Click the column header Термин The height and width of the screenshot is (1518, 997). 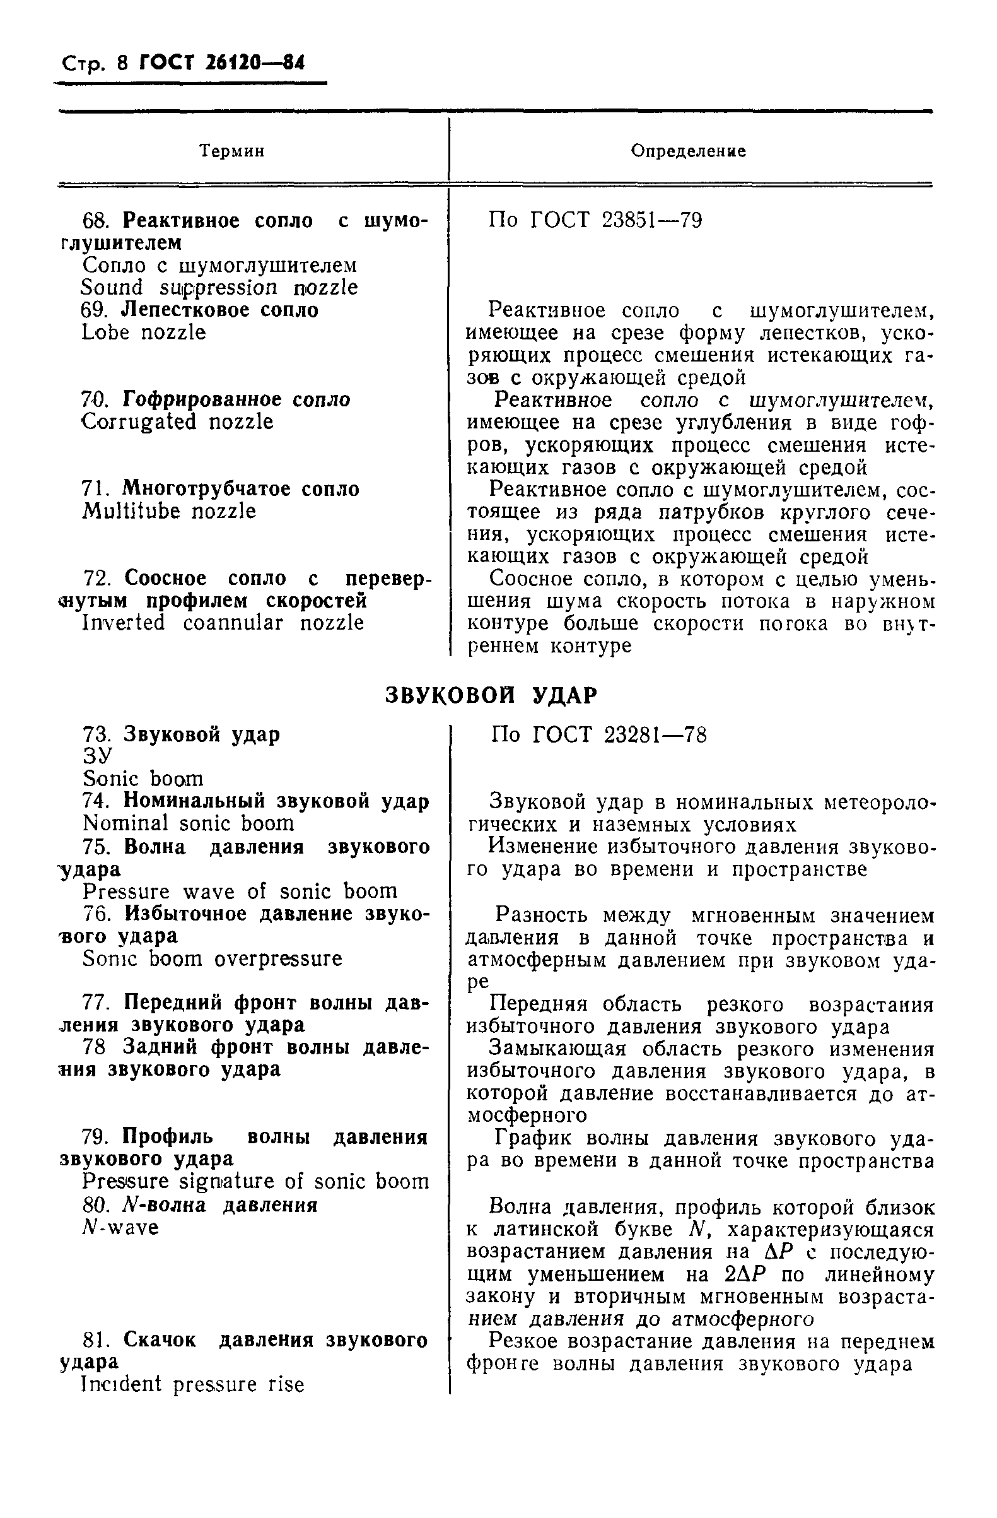[x=231, y=151]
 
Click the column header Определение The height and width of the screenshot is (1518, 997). [x=688, y=151]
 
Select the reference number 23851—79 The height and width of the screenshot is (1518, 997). [x=652, y=221]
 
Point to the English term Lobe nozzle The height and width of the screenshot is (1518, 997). [x=144, y=332]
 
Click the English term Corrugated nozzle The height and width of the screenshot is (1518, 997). [x=178, y=421]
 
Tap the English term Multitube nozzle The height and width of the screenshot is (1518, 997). [x=170, y=511]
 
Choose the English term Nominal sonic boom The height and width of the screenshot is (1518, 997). [x=189, y=823]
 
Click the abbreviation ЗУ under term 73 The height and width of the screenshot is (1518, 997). [x=98, y=756]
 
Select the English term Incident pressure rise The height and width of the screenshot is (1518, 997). [x=193, y=1384]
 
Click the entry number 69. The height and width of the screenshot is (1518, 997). [x=96, y=310]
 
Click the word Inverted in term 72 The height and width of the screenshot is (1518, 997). [x=124, y=623]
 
